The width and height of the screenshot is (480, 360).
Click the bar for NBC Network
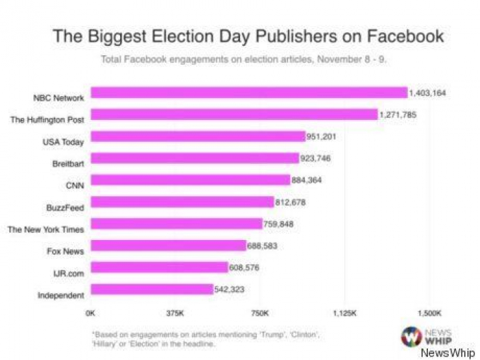(248, 93)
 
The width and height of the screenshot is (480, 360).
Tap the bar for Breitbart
(194, 158)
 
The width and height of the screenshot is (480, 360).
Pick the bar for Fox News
(168, 246)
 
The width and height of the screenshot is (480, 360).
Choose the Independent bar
(151, 289)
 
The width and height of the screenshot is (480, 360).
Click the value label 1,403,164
(427, 93)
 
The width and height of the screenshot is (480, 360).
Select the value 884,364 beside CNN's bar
(310, 180)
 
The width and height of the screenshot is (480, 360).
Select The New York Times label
(46, 229)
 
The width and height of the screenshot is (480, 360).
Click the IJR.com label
(69, 273)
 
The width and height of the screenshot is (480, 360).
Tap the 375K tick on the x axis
(175, 312)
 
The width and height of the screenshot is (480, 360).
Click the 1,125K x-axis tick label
(345, 312)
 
